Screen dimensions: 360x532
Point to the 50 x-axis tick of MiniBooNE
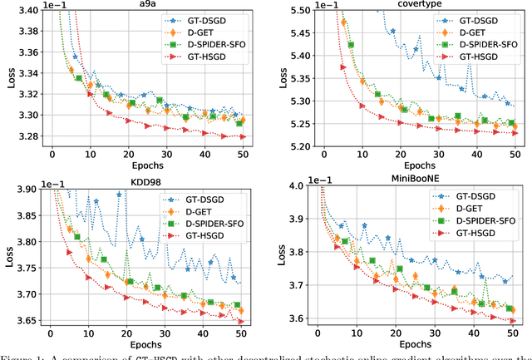513,333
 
